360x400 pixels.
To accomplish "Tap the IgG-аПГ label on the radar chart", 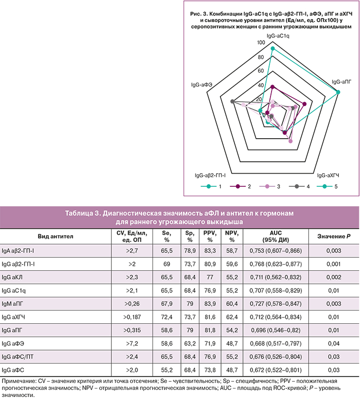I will coord(344,81).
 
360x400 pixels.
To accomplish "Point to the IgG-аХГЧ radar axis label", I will coord(328,175).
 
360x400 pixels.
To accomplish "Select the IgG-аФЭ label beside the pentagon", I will coord(201,84).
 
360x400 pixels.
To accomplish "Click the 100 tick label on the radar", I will coord(260,43).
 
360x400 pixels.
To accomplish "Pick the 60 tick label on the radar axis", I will coord(260,71).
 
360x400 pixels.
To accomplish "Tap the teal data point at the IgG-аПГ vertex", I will coord(338,92).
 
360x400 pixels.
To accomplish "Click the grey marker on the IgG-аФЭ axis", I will coord(232,102).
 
